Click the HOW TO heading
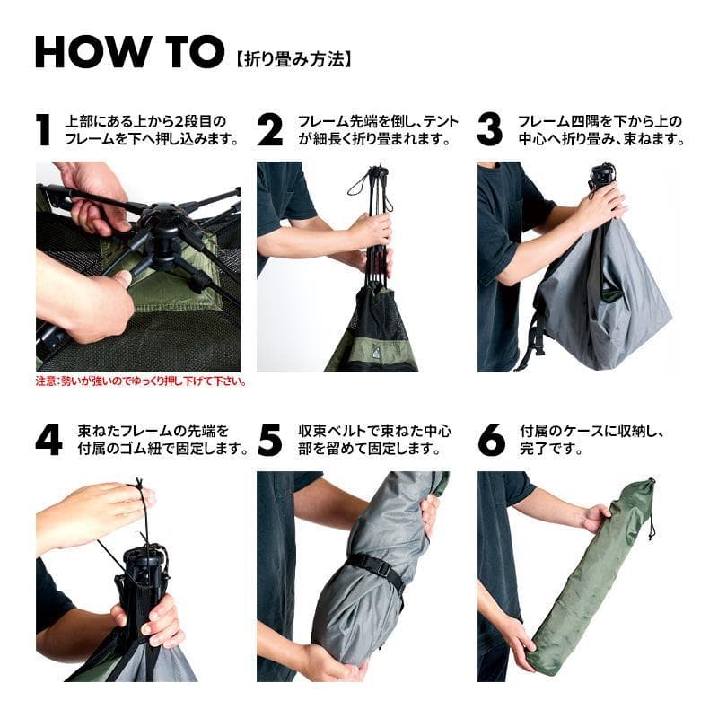click(128, 52)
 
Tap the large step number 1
click(43, 130)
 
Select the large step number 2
click(269, 130)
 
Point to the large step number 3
click(489, 130)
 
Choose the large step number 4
click(48, 439)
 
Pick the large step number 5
click(269, 439)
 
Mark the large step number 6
click(491, 439)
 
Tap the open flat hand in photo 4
click(90, 516)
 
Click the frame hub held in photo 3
click(601, 175)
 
